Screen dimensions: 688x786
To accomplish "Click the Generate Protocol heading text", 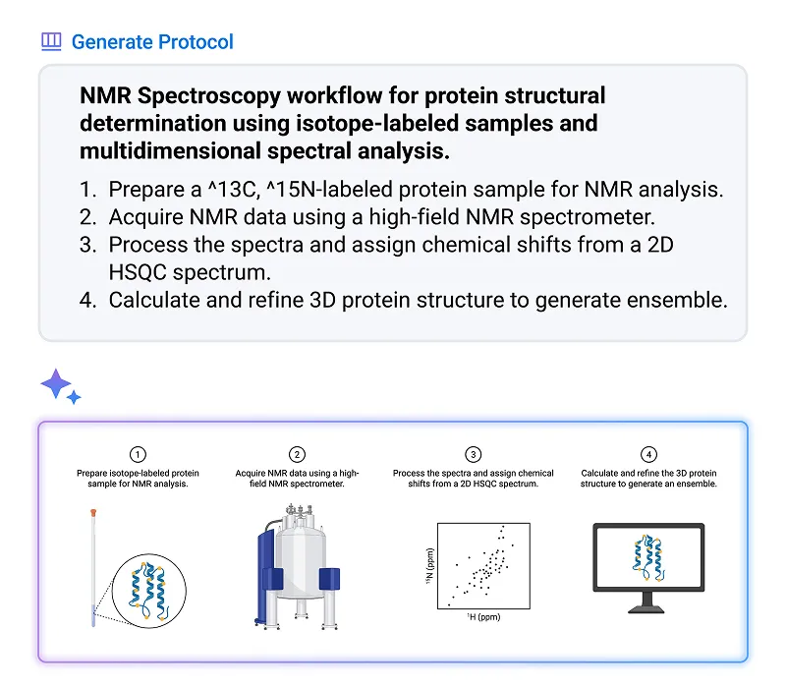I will [152, 41].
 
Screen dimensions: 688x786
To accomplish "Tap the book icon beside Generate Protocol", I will [51, 41].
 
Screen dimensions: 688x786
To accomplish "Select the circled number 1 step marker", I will [139, 454].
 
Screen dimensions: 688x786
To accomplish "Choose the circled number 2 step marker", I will [297, 454].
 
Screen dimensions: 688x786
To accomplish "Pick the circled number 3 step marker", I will [474, 454].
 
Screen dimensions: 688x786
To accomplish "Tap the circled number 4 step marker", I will [648, 454].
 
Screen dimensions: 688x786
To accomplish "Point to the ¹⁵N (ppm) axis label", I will [428, 569].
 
